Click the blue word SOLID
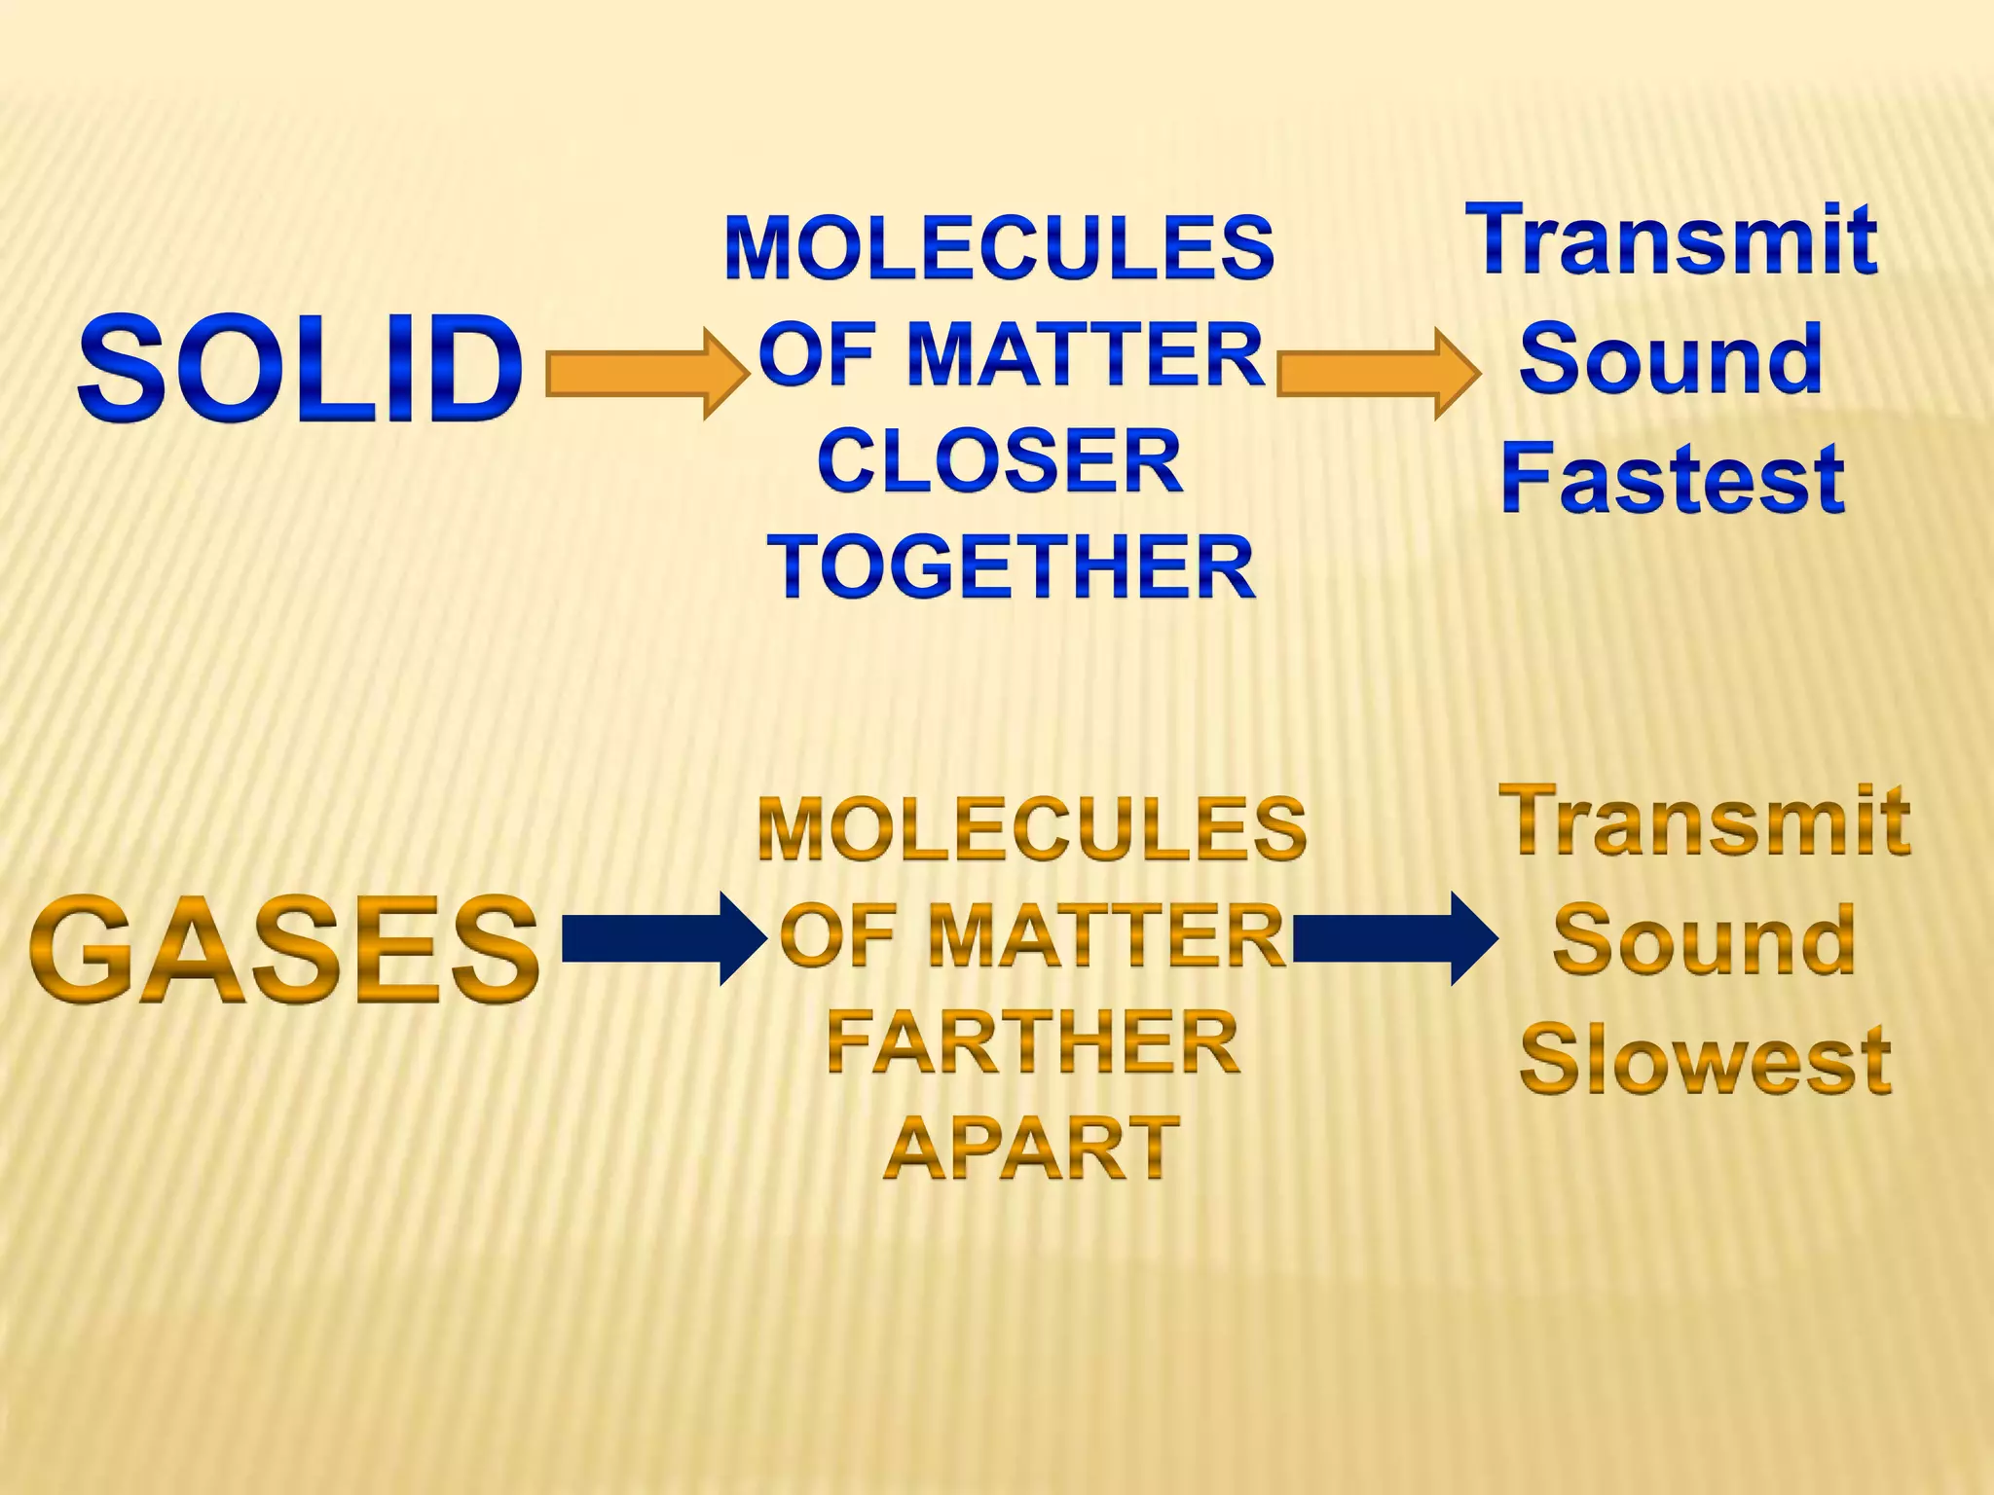coord(300,370)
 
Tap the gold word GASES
coord(284,950)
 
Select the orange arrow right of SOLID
coord(646,374)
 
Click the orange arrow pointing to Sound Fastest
coord(1377,374)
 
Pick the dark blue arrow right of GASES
coord(663,938)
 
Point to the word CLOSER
coord(1000,461)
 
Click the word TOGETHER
coord(1012,567)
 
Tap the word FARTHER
coord(1032,1042)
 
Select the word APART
coord(1032,1149)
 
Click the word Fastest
coord(1672,479)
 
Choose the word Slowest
coord(1705,1061)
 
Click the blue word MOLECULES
coord(999,247)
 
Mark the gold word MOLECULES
coord(1032,829)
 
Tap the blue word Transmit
coord(1672,239)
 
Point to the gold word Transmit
coord(1705,821)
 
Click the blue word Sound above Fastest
coord(1671,359)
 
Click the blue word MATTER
coord(1085,354)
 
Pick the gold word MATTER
coord(1106,936)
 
